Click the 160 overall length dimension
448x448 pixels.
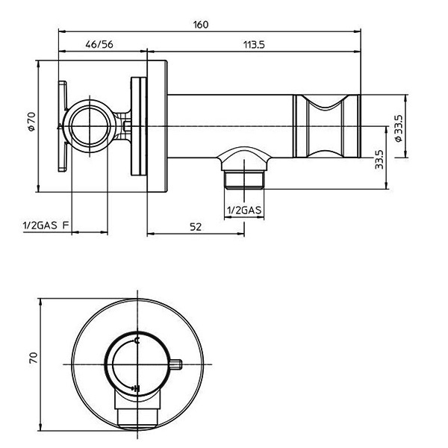click(x=201, y=25)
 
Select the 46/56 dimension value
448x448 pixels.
click(x=99, y=44)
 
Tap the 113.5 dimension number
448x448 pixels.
click(x=254, y=45)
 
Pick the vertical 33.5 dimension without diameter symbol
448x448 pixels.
click(x=379, y=160)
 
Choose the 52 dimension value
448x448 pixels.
click(x=196, y=227)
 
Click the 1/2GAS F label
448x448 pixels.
click(x=46, y=225)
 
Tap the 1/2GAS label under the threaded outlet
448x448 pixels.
click(x=244, y=211)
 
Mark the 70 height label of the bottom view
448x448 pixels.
click(x=33, y=358)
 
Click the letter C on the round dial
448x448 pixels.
click(x=137, y=340)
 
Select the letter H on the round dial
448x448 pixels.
click(x=137, y=388)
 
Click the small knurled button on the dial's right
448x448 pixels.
click(x=175, y=364)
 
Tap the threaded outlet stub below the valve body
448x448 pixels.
click(x=244, y=180)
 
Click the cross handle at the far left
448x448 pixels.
click(x=63, y=126)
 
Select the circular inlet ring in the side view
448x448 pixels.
click(x=90, y=126)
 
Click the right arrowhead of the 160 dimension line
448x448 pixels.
click(x=358, y=31)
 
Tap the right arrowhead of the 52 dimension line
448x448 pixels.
click(x=241, y=234)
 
